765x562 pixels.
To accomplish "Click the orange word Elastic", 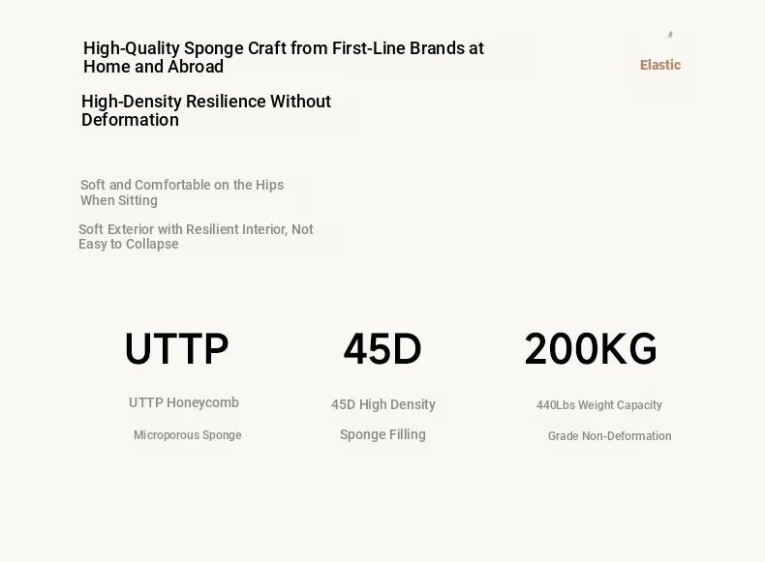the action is click(660, 65).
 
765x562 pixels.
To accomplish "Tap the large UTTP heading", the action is click(176, 348).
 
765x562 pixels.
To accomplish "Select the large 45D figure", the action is click(382, 348).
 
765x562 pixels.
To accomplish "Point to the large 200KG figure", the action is click(591, 348).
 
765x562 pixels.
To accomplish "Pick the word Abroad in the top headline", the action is click(196, 67).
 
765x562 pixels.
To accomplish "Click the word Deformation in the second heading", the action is click(131, 120).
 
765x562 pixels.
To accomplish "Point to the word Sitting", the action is click(138, 201).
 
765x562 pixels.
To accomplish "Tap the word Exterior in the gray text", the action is click(131, 229).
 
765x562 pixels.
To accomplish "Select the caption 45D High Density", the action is click(383, 404).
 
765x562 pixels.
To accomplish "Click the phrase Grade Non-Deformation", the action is click(610, 435).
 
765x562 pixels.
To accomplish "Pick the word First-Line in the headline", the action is click(369, 48).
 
